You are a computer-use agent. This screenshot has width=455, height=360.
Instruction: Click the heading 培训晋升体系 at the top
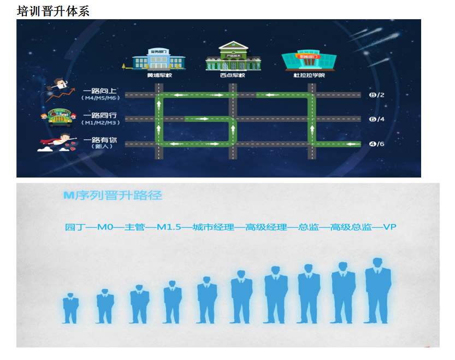pos(53,10)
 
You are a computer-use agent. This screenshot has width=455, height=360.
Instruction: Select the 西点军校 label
pos(232,75)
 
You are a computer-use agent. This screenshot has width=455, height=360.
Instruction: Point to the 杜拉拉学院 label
pos(309,75)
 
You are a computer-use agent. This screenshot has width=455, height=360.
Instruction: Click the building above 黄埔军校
pos(158,59)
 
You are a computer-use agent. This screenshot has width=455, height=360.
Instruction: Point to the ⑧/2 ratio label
pos(377,95)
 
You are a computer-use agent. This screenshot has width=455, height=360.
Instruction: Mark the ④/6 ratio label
pos(377,144)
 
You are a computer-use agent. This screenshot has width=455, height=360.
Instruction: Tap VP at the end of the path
pos(389,227)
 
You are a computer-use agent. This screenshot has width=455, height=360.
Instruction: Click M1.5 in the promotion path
pos(169,227)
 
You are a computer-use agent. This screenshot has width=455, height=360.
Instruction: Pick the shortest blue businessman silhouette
pos(70,309)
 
